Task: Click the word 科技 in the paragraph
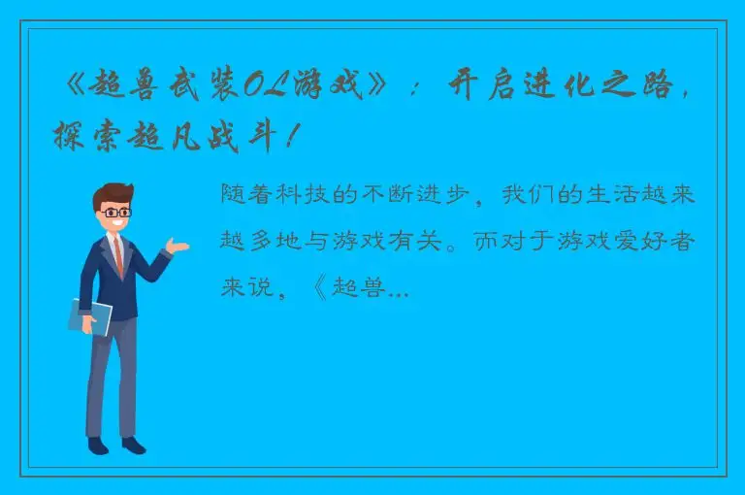(332, 195)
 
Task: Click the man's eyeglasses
(116, 211)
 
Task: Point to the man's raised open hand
(178, 245)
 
